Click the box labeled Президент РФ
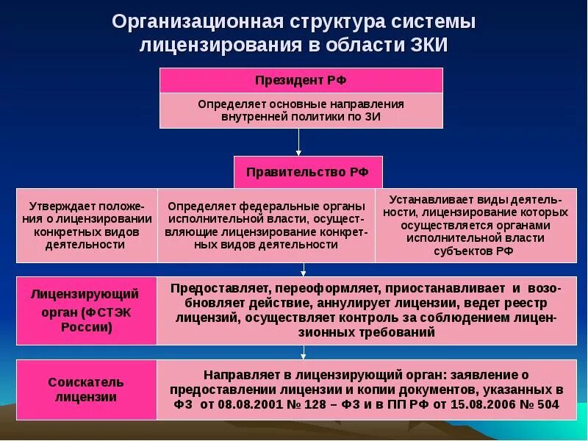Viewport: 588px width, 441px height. point(301,80)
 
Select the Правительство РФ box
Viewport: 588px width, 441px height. point(308,172)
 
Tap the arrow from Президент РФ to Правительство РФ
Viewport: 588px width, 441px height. point(298,141)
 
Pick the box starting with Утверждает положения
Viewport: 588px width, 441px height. point(87,225)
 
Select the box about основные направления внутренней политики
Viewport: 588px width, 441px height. point(301,110)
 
